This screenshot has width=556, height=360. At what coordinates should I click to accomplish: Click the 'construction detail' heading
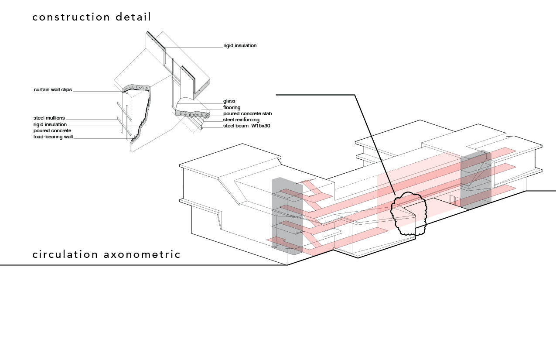[92, 17]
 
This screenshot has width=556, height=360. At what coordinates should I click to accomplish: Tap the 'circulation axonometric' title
[106, 254]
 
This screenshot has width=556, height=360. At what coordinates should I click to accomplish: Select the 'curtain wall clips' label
[53, 90]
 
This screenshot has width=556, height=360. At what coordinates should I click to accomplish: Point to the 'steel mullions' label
[49, 118]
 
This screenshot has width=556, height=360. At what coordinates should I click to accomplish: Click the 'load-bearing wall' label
[53, 137]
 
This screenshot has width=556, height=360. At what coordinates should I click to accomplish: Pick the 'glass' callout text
[229, 101]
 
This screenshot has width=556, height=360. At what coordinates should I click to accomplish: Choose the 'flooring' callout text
[232, 107]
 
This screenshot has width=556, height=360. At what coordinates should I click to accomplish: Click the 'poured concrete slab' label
[247, 113]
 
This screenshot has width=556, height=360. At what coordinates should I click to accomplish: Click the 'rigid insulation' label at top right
[240, 45]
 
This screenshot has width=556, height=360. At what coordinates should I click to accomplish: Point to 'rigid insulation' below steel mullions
[50, 124]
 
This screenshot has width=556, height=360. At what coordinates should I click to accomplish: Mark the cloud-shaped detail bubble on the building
[409, 214]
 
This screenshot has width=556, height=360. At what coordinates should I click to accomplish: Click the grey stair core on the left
[287, 216]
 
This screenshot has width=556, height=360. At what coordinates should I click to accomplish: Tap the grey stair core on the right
[476, 179]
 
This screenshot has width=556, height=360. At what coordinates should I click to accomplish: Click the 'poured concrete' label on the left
[52, 130]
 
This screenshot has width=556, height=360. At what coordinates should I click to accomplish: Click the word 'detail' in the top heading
[133, 17]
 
